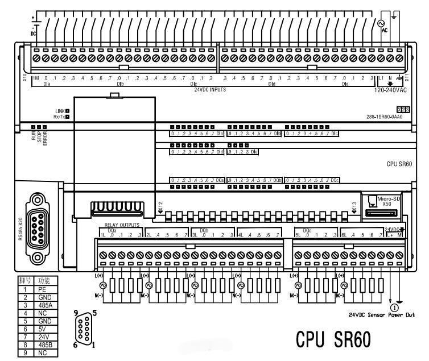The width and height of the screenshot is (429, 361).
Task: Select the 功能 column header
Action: coord(44,281)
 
